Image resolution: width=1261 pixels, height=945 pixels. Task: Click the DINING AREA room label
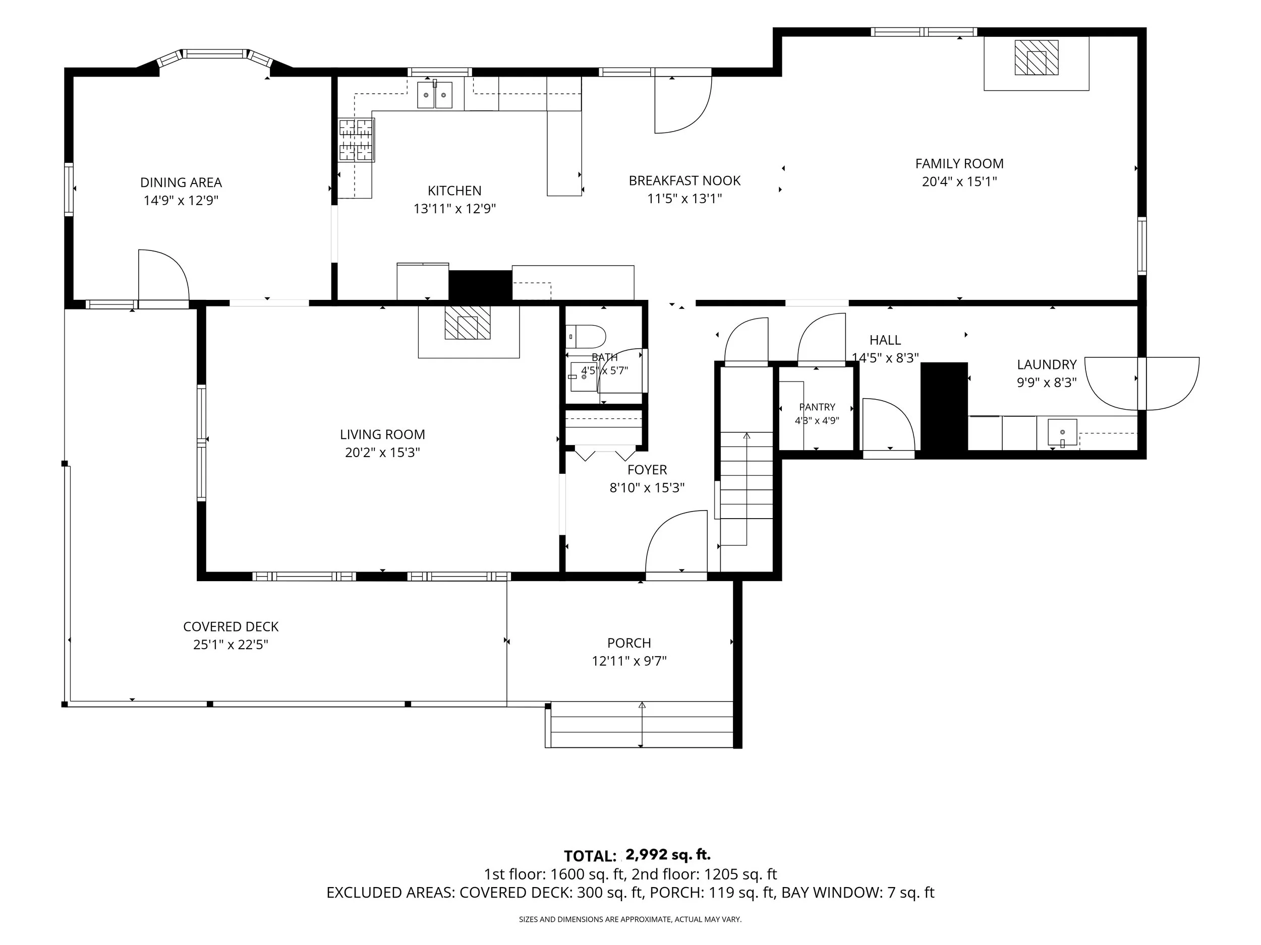pos(181,182)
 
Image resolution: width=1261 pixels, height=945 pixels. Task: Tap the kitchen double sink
pos(435,95)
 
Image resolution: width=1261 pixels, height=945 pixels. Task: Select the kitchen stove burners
pos(356,140)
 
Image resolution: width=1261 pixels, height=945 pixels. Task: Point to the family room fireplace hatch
pos(1037,57)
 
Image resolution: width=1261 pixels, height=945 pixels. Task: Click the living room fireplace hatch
pos(468,323)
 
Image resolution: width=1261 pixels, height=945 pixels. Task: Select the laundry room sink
pos(1062,432)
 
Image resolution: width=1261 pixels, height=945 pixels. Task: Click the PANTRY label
pos(817,407)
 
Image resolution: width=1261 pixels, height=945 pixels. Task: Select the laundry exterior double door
pos(1141,384)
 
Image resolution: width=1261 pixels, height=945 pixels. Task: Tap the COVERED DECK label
pos(231,626)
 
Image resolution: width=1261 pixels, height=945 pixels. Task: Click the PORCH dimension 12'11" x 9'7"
pos(629,661)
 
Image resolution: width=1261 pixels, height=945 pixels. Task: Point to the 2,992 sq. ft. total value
pos(668,854)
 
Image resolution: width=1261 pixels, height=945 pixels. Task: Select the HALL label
pos(885,340)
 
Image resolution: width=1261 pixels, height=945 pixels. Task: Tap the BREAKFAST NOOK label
pos(684,180)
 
